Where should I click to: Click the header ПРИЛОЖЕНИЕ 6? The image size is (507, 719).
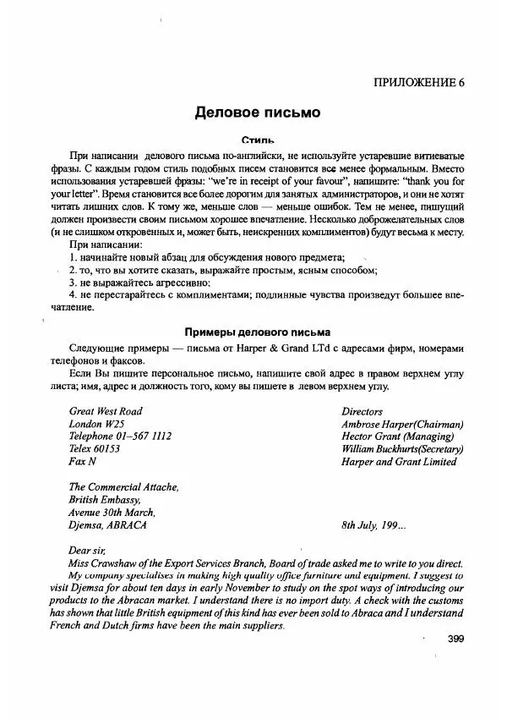point(418,82)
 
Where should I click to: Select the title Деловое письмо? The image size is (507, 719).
point(257,112)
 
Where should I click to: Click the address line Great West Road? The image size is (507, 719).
point(106,411)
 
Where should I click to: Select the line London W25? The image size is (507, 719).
point(96,424)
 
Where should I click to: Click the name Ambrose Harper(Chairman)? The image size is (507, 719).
point(402,424)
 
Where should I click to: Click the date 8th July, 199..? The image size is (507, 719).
point(373,524)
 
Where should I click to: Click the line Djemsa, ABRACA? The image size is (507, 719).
point(107,524)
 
